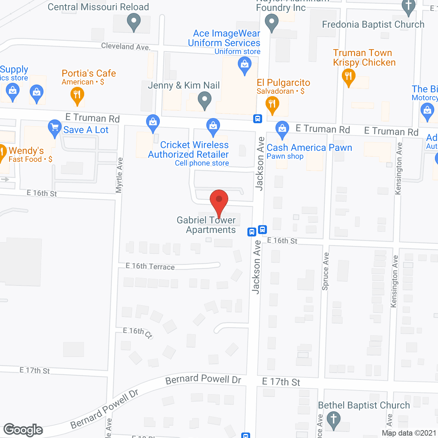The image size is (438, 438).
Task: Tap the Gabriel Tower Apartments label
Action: pos(206,225)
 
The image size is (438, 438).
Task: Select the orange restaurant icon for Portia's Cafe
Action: pos(77,95)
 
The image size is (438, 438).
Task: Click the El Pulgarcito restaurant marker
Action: pos(272,104)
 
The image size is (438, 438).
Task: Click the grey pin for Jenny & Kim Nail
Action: pos(205,101)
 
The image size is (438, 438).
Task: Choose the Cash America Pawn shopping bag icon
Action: pos(282,129)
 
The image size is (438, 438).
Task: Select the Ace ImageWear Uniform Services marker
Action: pos(244,65)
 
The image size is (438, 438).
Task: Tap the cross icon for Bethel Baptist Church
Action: pos(334,420)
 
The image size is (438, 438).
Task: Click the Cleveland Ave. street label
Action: pos(126,46)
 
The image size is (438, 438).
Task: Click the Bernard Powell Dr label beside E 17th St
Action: pos(203,379)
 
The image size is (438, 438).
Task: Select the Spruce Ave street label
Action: pos(325,271)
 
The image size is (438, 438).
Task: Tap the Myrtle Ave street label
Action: pos(119,175)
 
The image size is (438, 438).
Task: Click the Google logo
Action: pos(23,430)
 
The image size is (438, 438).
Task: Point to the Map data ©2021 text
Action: pos(409,433)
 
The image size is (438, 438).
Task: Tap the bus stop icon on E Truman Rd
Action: pos(258,118)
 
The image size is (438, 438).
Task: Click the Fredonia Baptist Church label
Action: pos(373,25)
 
